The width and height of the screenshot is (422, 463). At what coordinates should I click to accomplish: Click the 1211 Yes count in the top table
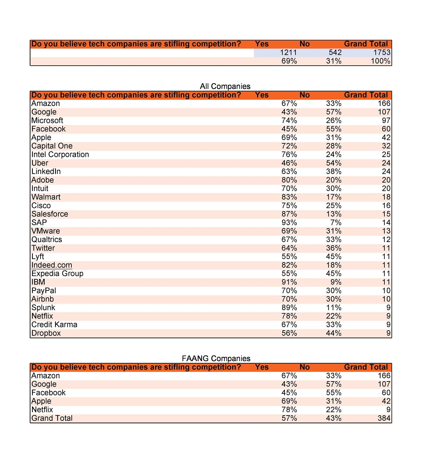click(x=288, y=53)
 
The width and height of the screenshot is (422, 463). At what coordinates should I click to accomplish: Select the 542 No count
click(x=335, y=53)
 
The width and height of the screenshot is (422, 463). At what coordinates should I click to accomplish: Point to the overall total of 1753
click(x=382, y=53)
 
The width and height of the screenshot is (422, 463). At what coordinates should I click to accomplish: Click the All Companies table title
click(x=225, y=86)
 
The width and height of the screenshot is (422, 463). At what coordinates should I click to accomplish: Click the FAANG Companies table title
click(x=216, y=359)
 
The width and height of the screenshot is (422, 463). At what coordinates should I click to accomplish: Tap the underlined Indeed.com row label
click(x=52, y=265)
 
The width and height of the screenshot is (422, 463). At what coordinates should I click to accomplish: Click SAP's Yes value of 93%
click(x=289, y=223)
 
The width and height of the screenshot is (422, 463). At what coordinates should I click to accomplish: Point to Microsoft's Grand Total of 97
click(x=386, y=120)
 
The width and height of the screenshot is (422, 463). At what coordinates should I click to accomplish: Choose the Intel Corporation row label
click(x=60, y=155)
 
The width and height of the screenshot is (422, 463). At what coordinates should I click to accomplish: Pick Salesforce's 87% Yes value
click(x=289, y=214)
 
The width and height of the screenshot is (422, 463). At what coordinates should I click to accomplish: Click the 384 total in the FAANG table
click(x=384, y=418)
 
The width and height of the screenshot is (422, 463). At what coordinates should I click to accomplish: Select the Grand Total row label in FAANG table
click(x=52, y=418)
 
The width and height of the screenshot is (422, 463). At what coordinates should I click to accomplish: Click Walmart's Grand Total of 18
click(x=386, y=197)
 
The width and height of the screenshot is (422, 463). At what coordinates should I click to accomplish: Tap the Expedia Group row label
click(x=57, y=274)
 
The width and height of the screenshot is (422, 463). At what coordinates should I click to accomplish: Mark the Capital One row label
click(x=52, y=146)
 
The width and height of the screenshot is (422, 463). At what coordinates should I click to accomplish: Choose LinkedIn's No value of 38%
click(x=333, y=172)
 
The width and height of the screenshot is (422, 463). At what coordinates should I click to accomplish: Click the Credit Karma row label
click(x=54, y=325)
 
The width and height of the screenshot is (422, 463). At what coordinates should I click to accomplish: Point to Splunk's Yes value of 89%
click(x=289, y=308)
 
